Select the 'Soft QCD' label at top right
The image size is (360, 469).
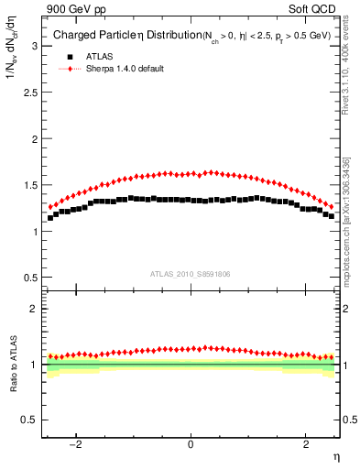315,8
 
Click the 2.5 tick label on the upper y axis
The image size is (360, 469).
29,93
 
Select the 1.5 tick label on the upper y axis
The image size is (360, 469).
29,185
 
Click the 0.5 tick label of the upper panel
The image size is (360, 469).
29,278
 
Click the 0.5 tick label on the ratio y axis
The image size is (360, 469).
29,420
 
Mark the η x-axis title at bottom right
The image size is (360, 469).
335,455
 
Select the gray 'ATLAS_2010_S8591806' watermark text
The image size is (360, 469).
191,274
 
